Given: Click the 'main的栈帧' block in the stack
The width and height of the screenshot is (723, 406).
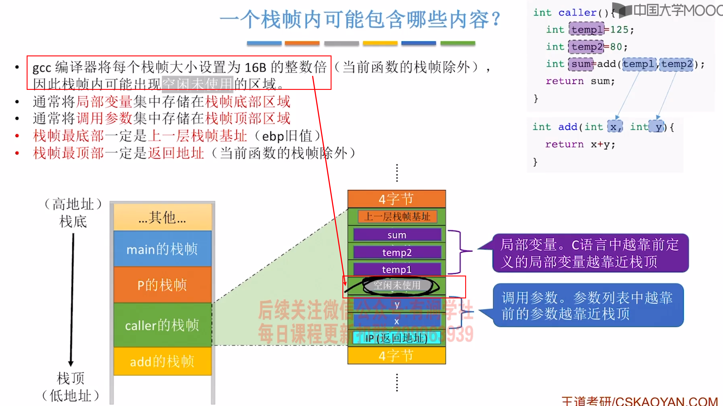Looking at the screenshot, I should [162, 249].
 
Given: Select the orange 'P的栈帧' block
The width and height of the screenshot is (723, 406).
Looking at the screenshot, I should [162, 285].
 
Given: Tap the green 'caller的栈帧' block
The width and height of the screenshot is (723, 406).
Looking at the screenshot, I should [162, 325].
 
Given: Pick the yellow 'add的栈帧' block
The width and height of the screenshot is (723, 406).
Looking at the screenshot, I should [162, 361].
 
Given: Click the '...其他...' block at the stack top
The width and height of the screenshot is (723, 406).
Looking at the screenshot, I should [162, 217].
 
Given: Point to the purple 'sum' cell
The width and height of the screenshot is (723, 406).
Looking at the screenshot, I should [397, 235].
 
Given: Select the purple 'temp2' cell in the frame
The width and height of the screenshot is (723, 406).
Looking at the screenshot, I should [397, 252].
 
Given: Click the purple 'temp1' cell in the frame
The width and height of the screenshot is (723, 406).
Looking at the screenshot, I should [397, 269].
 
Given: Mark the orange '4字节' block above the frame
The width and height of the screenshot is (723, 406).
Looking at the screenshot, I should [396, 199].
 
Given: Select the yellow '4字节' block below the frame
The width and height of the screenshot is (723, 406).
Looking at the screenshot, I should [396, 356].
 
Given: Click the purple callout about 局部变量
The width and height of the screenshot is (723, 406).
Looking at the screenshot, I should [589, 253].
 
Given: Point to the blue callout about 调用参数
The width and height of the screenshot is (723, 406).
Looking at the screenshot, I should [588, 305].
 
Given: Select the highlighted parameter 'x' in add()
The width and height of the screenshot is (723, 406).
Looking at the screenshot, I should [614, 127].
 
